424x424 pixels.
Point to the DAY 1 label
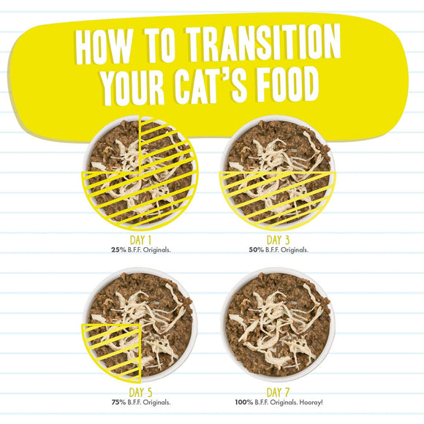point(138,239)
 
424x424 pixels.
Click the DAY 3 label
point(278,239)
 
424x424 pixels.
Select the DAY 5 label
point(138,392)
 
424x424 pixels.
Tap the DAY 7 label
point(278,392)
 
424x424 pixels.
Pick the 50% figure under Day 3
point(256,249)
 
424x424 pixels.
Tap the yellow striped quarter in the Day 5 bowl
point(113,349)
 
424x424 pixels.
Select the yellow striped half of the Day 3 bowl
point(278,196)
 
